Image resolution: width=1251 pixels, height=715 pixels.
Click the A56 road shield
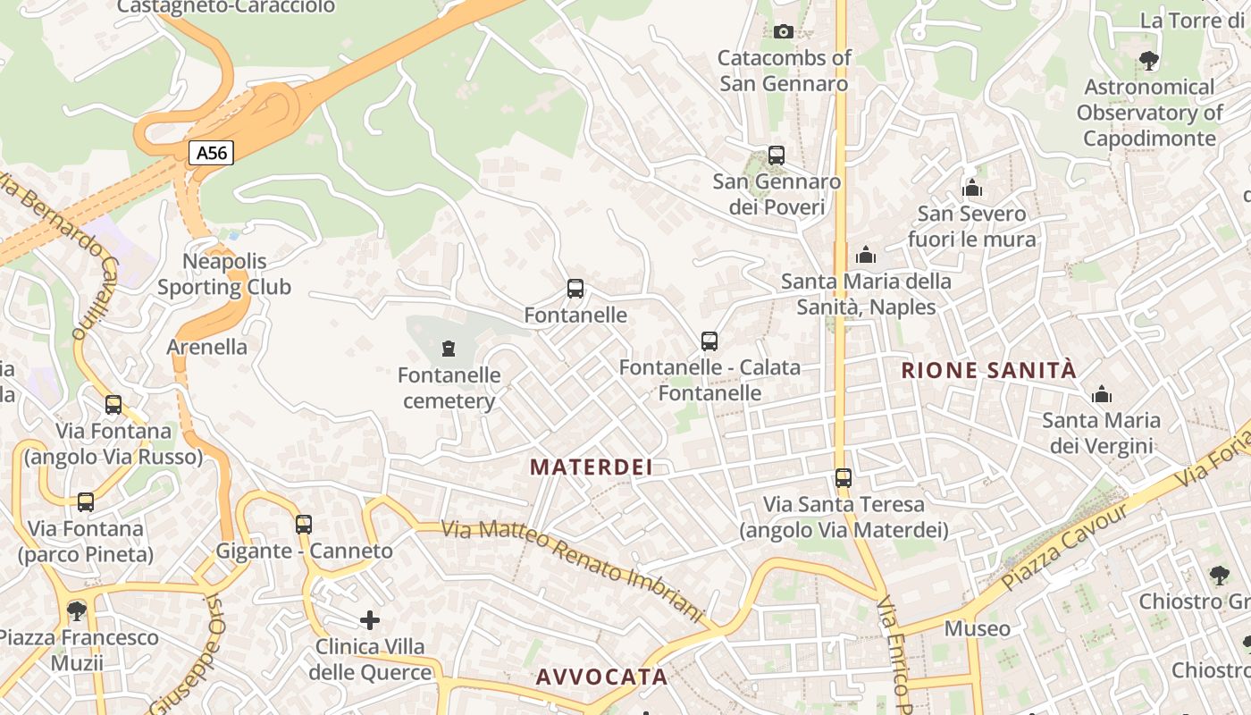coord(212,153)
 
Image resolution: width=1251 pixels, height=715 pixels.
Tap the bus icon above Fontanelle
coord(575,289)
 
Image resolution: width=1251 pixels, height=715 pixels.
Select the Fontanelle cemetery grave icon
coord(449,348)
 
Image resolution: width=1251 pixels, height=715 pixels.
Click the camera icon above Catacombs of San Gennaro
coord(784,31)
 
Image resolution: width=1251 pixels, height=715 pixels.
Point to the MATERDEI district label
coord(591,467)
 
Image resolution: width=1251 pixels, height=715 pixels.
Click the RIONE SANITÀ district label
coord(989,370)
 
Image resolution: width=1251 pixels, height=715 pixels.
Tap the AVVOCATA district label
coord(601,677)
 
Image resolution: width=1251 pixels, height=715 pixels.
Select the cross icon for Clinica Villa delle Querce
coord(370,619)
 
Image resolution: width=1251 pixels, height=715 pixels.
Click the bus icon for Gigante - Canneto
coord(304,524)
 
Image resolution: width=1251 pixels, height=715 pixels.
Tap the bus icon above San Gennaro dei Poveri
coord(777,155)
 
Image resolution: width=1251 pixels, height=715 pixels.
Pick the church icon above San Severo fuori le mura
coord(972,188)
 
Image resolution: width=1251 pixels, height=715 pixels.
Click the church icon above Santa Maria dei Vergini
coord(1102,394)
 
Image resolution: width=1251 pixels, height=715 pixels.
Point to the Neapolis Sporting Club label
coord(224,274)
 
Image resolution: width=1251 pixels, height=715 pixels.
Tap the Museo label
coord(978,628)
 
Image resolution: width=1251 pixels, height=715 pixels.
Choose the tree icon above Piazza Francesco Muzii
coord(77,611)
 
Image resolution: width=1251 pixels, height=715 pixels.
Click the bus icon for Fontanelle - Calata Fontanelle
coord(709,341)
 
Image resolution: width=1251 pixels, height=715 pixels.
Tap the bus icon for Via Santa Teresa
coord(844,478)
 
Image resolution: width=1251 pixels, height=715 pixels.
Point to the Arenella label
coord(207,347)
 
